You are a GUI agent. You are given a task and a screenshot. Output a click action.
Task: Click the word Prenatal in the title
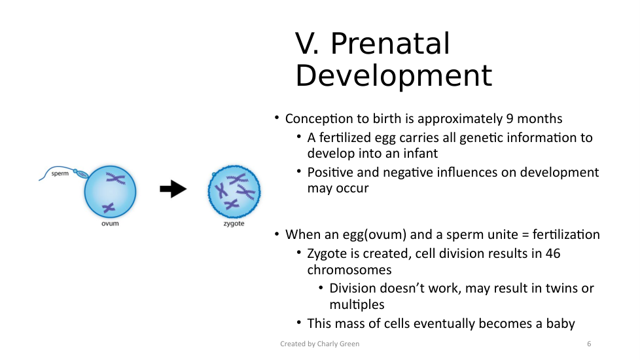coord(390,43)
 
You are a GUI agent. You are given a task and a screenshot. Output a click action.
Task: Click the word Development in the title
coord(394,76)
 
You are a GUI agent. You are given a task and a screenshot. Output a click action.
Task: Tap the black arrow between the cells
coord(173,189)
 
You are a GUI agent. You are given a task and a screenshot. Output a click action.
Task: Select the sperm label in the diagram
coord(60,173)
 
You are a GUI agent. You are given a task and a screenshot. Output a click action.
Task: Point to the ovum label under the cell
coord(110,224)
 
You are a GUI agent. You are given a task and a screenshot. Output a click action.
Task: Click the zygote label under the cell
coord(234,224)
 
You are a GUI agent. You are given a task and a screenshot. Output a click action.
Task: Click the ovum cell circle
coord(110,191)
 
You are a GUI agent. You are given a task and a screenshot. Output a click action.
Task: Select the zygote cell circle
coord(234,191)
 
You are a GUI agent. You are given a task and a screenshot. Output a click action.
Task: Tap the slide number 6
coord(589,344)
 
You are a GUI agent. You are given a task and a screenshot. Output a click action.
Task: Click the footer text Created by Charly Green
coord(319,344)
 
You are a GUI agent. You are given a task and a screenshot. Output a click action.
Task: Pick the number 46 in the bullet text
coord(553,253)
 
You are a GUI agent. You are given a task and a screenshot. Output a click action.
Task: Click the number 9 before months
coord(510,118)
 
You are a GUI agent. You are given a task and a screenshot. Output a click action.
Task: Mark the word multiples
coord(357,305)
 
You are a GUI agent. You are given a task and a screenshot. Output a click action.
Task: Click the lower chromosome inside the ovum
coord(109,207)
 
